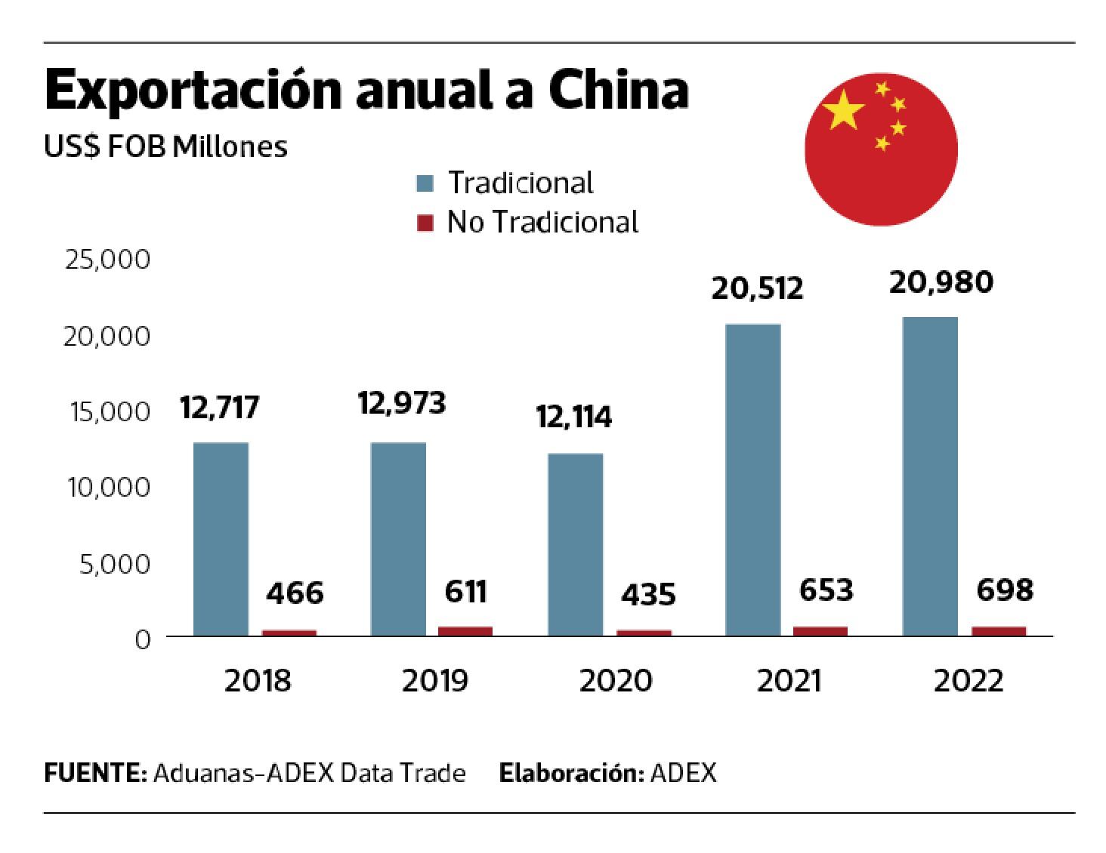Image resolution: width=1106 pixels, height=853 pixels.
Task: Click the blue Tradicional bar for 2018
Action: click(221, 539)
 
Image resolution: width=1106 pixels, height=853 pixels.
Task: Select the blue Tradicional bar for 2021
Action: click(752, 480)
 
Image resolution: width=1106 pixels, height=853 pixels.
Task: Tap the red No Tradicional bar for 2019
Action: click(465, 631)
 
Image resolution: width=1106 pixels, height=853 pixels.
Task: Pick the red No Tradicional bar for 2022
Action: click(999, 631)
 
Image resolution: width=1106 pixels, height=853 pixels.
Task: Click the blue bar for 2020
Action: click(576, 544)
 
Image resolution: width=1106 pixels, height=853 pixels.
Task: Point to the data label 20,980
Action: click(941, 282)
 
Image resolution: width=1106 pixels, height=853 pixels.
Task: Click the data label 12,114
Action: click(574, 417)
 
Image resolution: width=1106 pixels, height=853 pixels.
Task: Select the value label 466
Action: click(295, 593)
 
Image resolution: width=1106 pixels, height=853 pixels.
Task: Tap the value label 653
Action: click(826, 590)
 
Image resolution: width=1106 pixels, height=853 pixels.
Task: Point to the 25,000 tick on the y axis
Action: click(108, 260)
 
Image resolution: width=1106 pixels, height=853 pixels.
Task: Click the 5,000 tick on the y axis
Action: click(115, 564)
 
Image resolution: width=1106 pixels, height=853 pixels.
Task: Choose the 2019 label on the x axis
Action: click(434, 681)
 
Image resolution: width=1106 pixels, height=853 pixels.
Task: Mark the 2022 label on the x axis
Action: click(969, 681)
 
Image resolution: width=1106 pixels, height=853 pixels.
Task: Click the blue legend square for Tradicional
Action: click(425, 183)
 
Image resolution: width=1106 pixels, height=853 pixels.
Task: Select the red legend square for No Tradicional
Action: click(425, 223)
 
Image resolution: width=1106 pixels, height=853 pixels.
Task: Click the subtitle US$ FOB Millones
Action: click(166, 146)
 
